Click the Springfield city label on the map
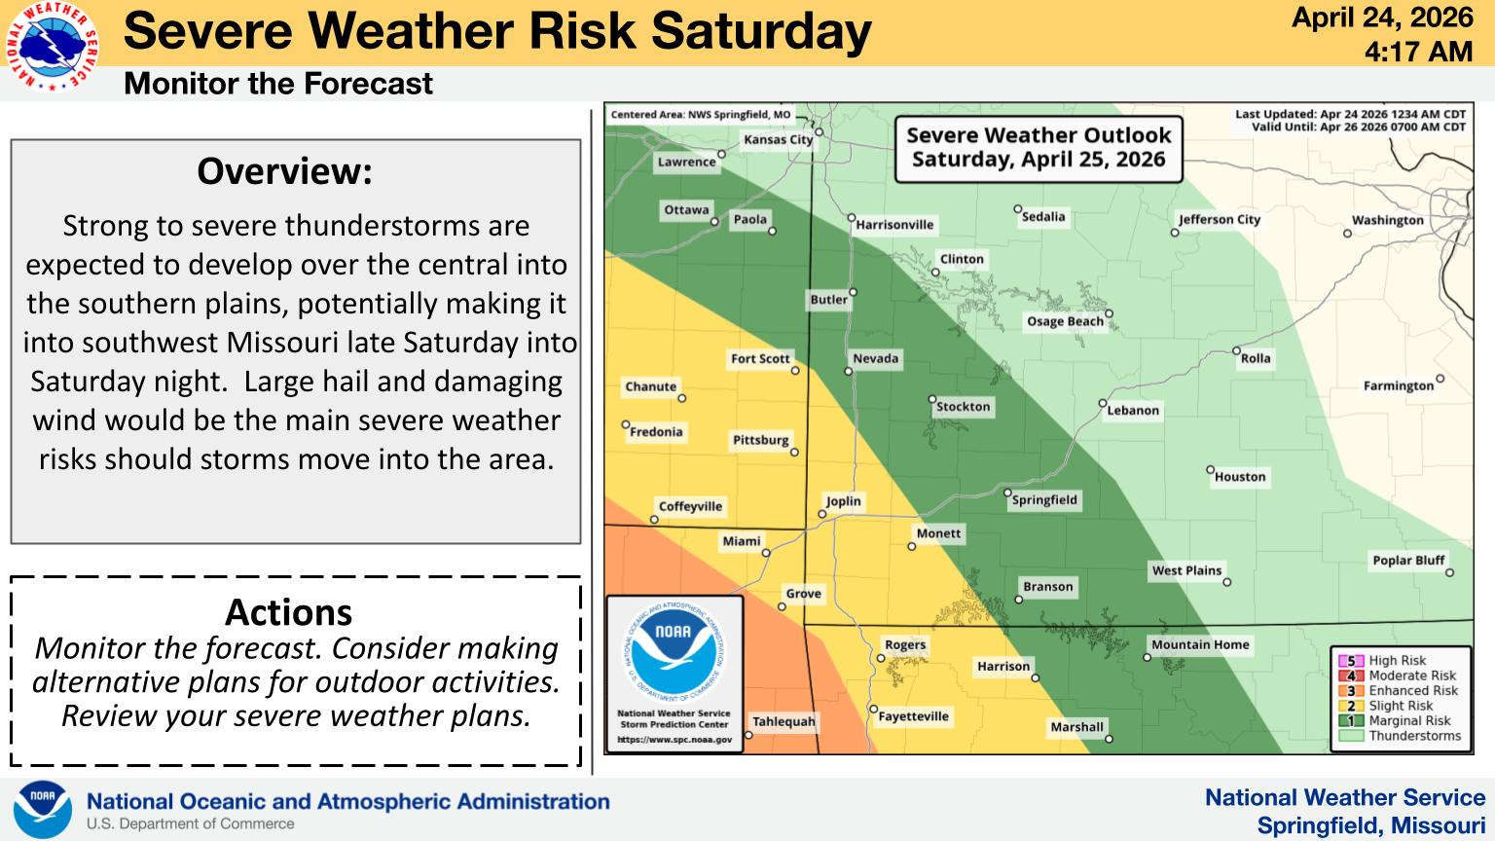1044,500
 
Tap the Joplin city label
844,501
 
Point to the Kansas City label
779,139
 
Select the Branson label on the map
1048,587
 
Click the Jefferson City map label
1220,220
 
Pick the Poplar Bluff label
1408,560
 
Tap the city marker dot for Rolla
1236,350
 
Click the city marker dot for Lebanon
1103,403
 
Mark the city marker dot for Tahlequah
748,735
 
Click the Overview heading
285,171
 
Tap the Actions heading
288,612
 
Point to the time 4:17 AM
1418,52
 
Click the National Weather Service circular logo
52,46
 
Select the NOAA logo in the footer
43,809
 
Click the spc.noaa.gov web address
675,740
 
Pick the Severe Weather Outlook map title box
1039,149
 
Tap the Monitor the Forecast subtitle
278,84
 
